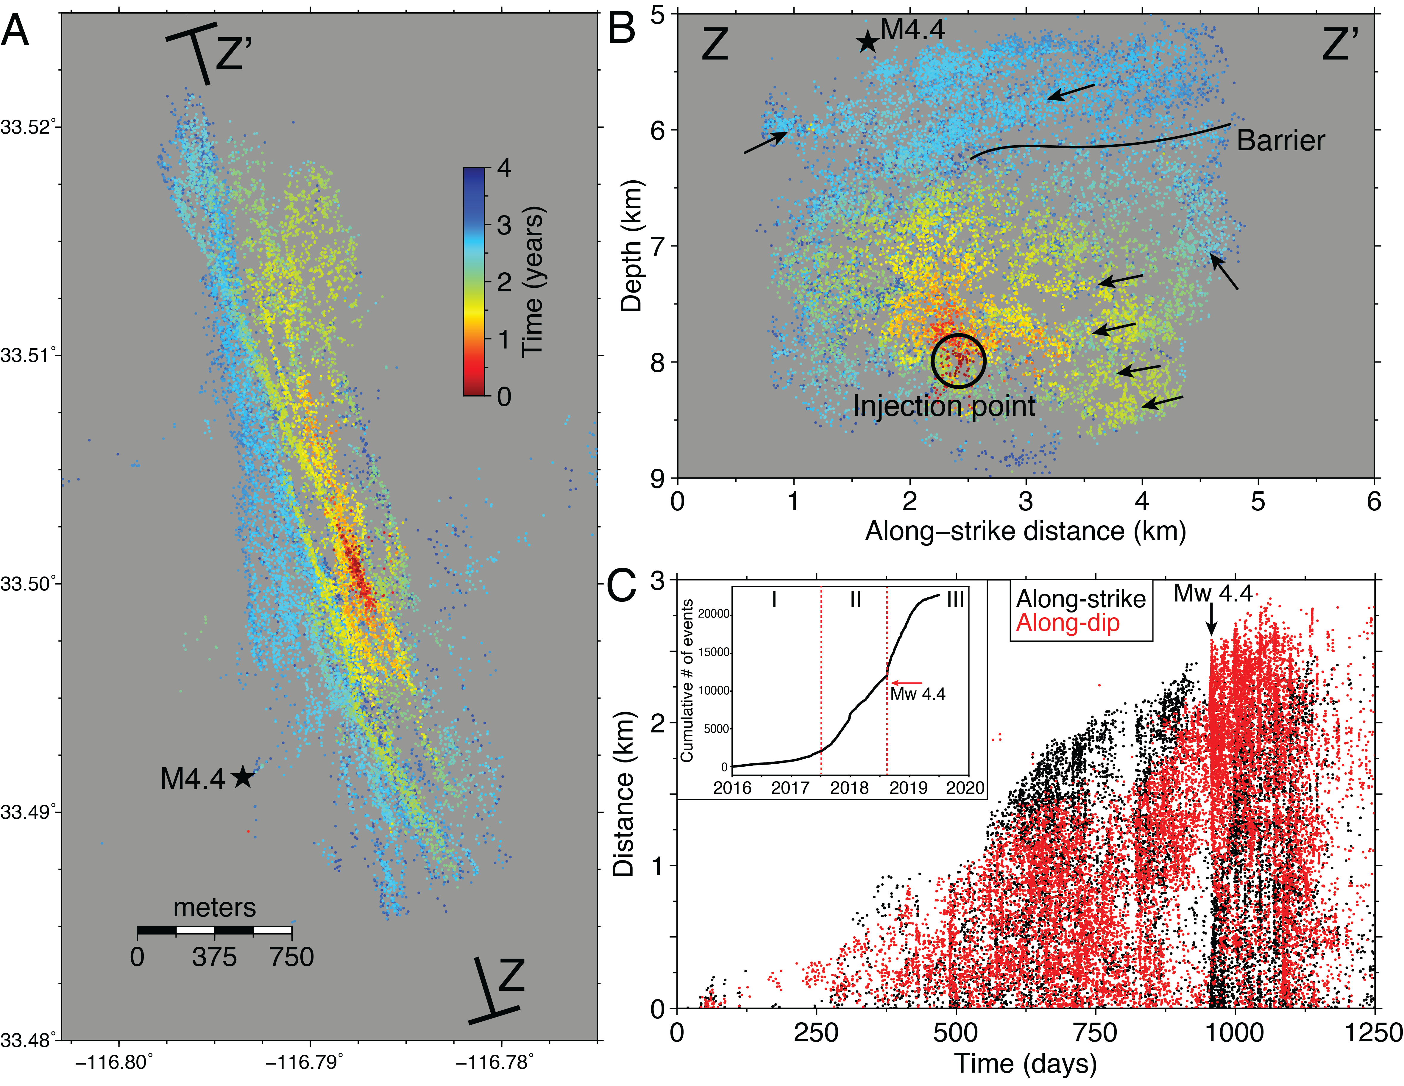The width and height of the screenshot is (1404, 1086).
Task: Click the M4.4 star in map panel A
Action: tap(242, 777)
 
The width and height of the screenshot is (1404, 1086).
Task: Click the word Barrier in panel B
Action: tap(1280, 141)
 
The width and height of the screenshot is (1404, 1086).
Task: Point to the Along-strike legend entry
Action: tap(1081, 599)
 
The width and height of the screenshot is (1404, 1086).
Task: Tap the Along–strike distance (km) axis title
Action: tap(1025, 532)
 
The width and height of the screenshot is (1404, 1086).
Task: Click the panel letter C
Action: tap(621, 586)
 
